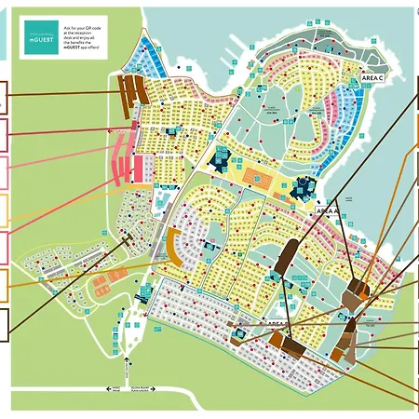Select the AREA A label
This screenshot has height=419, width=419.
[327, 211]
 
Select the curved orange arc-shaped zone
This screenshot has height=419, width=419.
[174, 248]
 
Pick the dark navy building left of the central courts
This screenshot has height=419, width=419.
[224, 159]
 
